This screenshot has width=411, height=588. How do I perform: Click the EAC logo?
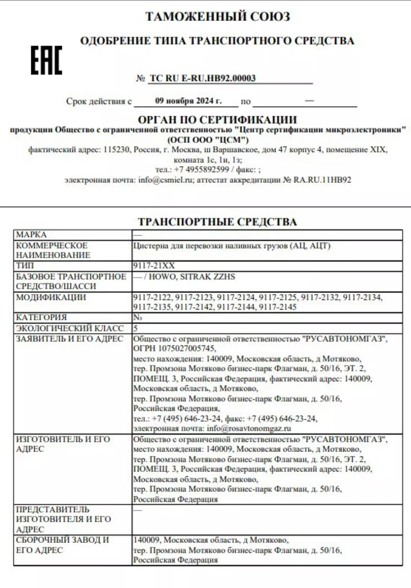(x=46, y=60)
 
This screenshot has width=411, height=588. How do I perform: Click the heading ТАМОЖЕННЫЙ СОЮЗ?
(x=217, y=16)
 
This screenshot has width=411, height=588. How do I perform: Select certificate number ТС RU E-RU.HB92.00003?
(x=203, y=78)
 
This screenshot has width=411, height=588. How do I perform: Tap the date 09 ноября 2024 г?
(x=188, y=101)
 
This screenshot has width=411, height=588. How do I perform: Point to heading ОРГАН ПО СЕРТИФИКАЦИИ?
(x=217, y=120)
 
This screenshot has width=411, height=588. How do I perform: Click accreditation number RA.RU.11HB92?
(x=322, y=180)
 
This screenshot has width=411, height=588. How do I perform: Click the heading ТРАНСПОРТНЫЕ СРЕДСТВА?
(x=217, y=222)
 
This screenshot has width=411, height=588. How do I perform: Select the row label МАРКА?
(x=31, y=235)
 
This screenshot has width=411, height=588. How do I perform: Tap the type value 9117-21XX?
(x=154, y=266)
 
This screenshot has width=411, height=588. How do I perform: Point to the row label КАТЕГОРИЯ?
(x=41, y=317)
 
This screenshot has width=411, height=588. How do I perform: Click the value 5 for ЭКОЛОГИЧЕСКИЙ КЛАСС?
(x=136, y=328)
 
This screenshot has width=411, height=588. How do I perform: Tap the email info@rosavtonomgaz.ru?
(x=249, y=428)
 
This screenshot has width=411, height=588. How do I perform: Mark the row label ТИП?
(x=25, y=265)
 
